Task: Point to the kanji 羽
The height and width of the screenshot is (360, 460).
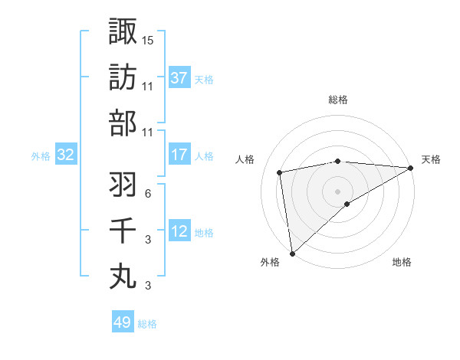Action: pos(123,185)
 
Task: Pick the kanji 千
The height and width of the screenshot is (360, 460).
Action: pos(123,231)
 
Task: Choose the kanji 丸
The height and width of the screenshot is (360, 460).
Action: pos(123,277)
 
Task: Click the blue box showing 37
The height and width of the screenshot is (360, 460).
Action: pos(179,78)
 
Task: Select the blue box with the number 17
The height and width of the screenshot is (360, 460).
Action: pos(179,155)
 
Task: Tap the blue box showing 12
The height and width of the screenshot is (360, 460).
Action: pos(179,231)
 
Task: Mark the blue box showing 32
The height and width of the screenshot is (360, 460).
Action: pos(65,155)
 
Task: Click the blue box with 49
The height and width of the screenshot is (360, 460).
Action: pos(123,322)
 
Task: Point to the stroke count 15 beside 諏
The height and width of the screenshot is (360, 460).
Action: pos(148,39)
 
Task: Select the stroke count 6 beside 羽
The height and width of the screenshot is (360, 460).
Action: pos(147,193)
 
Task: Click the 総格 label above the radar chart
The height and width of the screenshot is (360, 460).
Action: pos(338,100)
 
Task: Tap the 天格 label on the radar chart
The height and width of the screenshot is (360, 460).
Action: pos(431,159)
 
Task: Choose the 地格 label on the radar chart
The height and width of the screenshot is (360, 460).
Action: pos(402,263)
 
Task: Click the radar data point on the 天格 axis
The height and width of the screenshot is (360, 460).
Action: pos(411,168)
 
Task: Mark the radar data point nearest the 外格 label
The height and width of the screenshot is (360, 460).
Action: pos(292,253)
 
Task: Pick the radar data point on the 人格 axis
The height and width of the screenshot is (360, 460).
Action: pos(281,172)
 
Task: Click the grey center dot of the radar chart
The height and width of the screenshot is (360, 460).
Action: pos(338,190)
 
